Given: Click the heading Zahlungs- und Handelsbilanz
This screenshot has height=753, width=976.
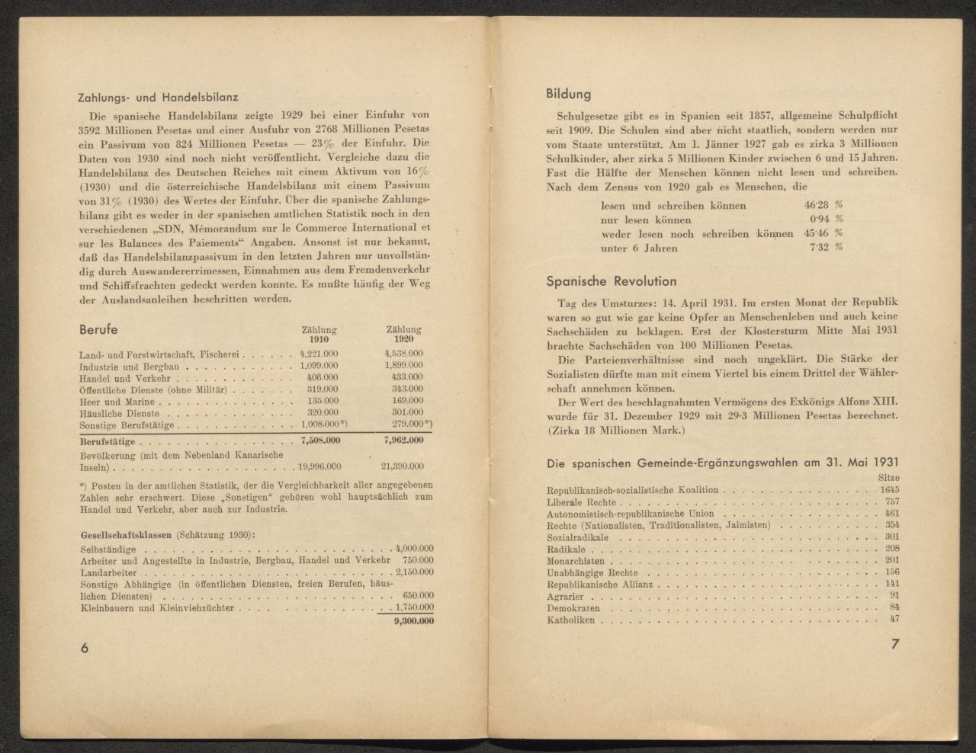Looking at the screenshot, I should coord(159,97).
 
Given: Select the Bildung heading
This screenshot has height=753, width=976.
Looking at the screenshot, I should coord(568,95).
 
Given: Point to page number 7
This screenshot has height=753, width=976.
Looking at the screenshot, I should coord(895,644).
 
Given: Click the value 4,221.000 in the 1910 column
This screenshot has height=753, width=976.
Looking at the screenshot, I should coord(319,354).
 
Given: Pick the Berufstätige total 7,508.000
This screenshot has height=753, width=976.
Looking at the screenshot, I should coord(319,441).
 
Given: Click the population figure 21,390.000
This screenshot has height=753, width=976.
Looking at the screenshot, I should coord(403,466).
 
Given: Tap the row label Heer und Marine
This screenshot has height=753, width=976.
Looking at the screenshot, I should coord(117,402).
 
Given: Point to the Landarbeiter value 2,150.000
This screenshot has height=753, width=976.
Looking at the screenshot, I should coord(413,572).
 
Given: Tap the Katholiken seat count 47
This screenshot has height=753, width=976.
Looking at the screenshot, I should coord(894,618).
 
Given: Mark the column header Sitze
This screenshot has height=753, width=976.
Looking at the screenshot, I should coord(888,477).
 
